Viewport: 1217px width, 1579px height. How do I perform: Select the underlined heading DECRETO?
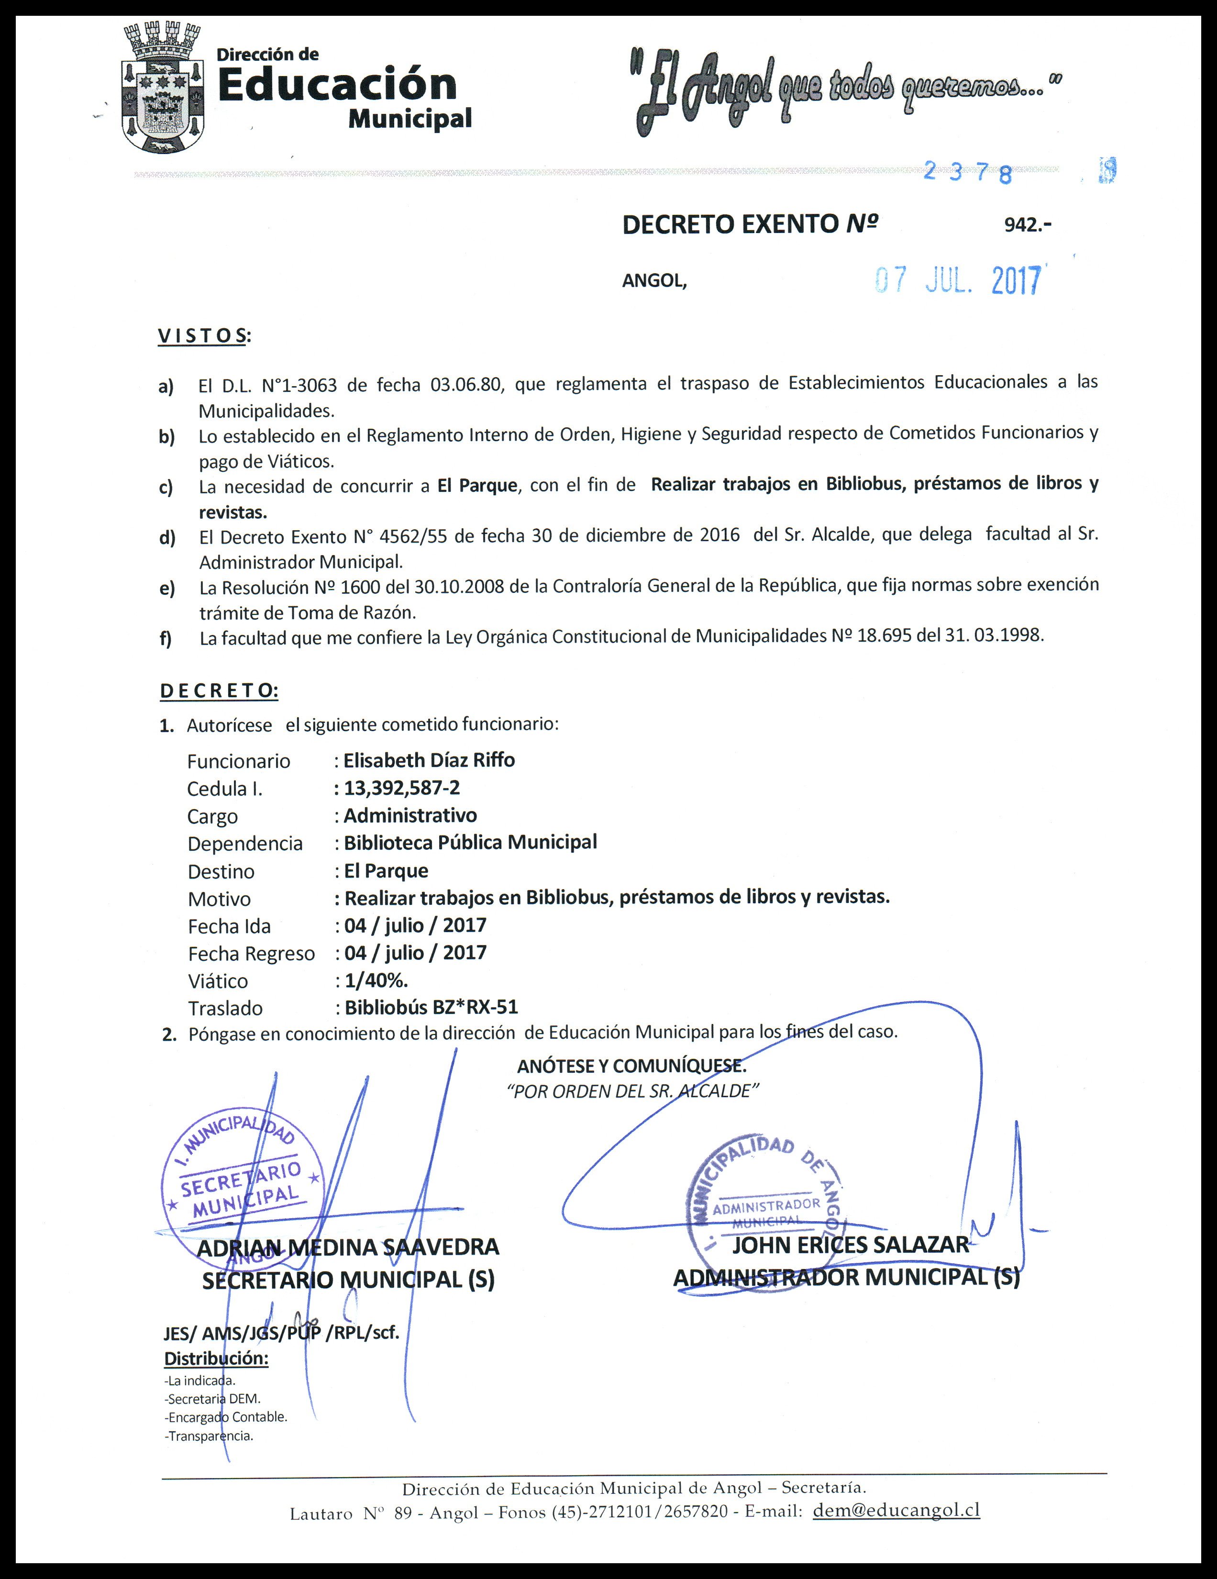(x=218, y=690)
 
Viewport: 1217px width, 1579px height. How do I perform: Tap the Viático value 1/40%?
(x=376, y=980)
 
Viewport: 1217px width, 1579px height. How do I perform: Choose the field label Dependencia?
(x=244, y=844)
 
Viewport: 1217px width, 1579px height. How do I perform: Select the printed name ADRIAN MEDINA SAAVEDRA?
(x=348, y=1247)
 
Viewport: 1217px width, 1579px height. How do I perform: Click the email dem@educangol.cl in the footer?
(x=896, y=1510)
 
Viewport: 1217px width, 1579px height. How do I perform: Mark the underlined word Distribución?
(x=216, y=1358)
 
